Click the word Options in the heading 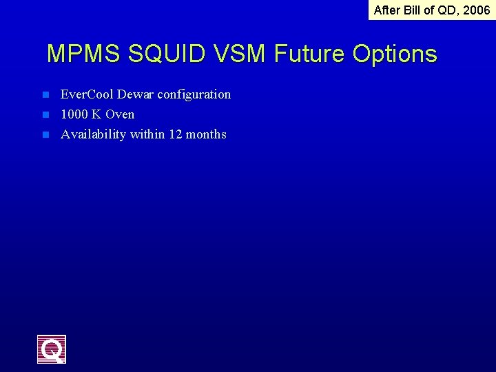(395, 53)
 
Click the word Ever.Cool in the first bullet (87, 94)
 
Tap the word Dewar (135, 94)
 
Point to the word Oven (120, 114)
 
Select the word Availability (93, 134)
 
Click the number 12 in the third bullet (175, 134)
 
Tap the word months (206, 134)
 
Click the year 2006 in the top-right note (477, 10)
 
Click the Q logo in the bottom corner (52, 349)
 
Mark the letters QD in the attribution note (446, 10)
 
